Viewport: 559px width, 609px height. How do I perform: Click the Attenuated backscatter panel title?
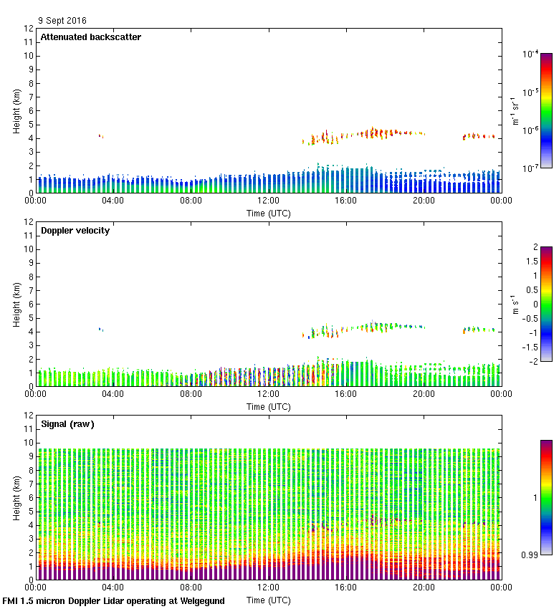(90, 37)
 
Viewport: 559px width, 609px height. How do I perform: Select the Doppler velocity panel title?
(75, 231)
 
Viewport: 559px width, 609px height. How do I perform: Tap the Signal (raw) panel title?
(67, 424)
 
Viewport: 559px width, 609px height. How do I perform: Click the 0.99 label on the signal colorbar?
(530, 555)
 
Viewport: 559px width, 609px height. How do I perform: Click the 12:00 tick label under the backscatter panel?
(268, 201)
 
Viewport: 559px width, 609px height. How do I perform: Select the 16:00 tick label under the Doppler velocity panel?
(345, 394)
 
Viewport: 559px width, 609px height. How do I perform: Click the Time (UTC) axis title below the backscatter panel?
(268, 214)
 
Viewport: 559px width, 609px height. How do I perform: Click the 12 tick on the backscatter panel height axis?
(29, 29)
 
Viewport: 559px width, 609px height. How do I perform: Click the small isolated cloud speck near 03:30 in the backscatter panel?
(101, 136)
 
